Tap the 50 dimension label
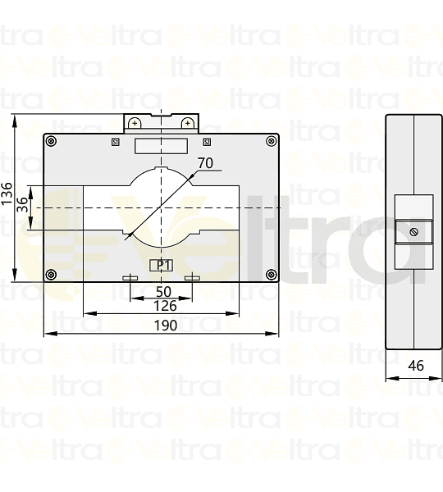[x=163, y=291]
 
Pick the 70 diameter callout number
[x=205, y=163]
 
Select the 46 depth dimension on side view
[x=415, y=366]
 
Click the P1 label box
[x=162, y=264]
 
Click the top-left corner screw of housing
[x=52, y=141]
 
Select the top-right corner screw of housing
[x=271, y=141]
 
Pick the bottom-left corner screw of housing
[x=52, y=274]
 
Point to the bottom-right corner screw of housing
[x=271, y=274]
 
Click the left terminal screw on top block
[x=135, y=123]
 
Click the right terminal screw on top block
[x=188, y=123]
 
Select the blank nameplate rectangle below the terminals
[x=161, y=146]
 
